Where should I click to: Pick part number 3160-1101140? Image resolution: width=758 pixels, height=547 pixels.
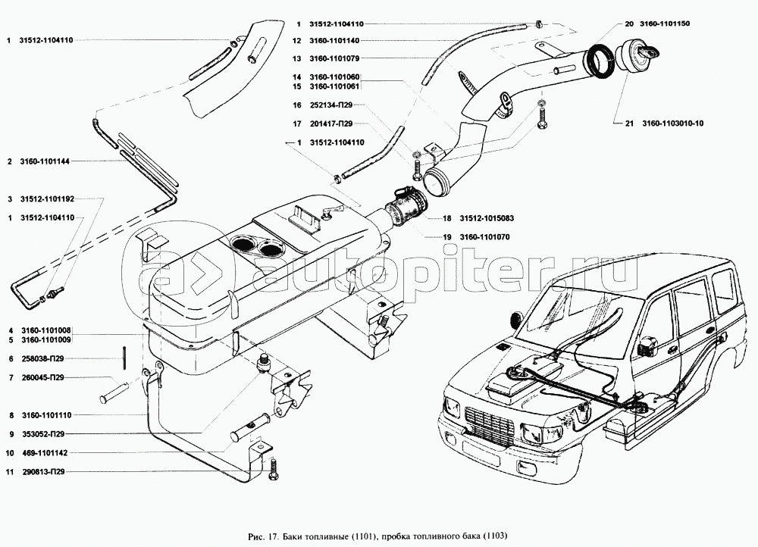334,39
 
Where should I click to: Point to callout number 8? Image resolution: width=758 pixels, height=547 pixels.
11,415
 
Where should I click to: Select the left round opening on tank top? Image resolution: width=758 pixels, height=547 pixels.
243,245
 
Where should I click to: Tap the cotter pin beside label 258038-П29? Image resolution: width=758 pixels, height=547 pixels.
123,358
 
